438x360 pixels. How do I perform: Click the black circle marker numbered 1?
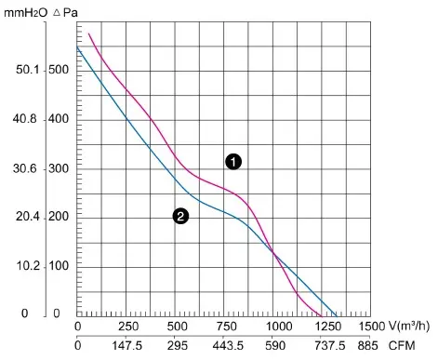click(x=233, y=162)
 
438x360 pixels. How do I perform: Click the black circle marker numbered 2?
click(x=180, y=216)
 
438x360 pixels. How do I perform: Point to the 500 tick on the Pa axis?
click(x=59, y=70)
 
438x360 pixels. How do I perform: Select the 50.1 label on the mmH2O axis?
click(x=28, y=70)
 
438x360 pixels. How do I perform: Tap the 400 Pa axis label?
click(x=59, y=119)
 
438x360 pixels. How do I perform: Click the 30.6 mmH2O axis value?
click(x=25, y=168)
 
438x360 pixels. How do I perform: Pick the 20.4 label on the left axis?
click(x=28, y=217)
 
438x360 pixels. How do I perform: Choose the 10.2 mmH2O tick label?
click(x=28, y=266)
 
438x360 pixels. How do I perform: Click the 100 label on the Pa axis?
click(x=59, y=266)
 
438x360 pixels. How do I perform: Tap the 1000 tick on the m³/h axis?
click(x=279, y=327)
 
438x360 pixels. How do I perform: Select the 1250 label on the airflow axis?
click(x=328, y=327)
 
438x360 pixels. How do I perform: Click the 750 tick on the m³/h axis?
click(x=227, y=327)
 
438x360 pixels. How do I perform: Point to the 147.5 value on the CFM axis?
click(x=126, y=345)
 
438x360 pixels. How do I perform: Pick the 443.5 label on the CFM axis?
click(x=228, y=345)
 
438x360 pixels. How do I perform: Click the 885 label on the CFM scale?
click(x=367, y=345)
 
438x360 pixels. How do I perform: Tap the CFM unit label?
click(x=402, y=345)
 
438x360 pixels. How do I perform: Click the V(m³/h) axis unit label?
click(x=409, y=326)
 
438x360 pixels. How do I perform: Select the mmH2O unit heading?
click(x=26, y=13)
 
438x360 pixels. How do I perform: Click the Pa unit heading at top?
click(x=65, y=13)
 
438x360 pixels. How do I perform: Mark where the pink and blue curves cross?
click(x=273, y=252)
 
